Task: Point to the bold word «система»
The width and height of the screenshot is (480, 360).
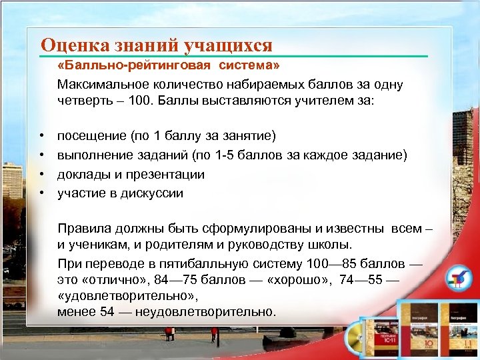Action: point(250,67)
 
